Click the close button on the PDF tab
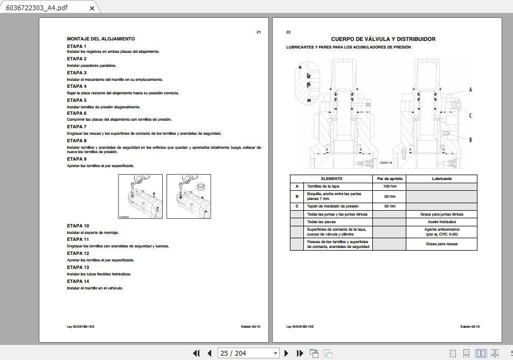[92, 8]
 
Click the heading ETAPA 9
[77, 159]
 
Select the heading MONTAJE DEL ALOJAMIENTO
[101, 39]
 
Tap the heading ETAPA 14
[78, 281]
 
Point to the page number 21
[259, 32]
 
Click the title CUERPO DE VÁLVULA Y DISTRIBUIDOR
[383, 39]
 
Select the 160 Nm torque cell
[390, 186]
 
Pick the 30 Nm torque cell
[390, 206]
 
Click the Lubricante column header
[441, 178]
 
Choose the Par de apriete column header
[390, 178]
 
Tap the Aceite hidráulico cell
[441, 221]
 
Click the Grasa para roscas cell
[441, 244]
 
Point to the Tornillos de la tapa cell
[323, 186]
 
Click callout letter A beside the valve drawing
[470, 89]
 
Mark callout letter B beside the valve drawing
[470, 140]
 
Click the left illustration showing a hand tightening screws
[141, 196]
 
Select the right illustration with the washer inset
[189, 196]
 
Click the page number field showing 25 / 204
[248, 354]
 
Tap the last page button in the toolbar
[300, 354]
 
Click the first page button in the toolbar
[197, 354]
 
